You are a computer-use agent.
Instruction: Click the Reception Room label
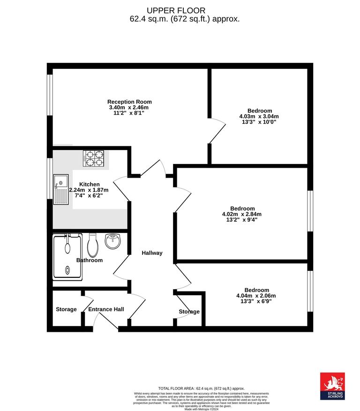[129, 102]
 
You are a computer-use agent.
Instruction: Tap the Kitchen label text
[89, 184]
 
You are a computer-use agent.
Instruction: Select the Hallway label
[152, 253]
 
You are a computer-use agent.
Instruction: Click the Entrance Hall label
[106, 309]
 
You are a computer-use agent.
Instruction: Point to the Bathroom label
[90, 260]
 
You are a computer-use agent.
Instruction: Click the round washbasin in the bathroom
[112, 241]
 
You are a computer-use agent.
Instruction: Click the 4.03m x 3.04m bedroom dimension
[259, 116]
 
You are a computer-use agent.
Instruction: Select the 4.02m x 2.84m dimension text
[242, 214]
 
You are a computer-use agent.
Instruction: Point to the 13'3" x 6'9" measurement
[256, 301]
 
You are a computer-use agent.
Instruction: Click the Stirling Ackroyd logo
[332, 386]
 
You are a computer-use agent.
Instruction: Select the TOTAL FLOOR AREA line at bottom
[202, 389]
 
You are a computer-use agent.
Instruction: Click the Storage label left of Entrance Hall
[66, 309]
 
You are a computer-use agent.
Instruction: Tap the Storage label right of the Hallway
[189, 312]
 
